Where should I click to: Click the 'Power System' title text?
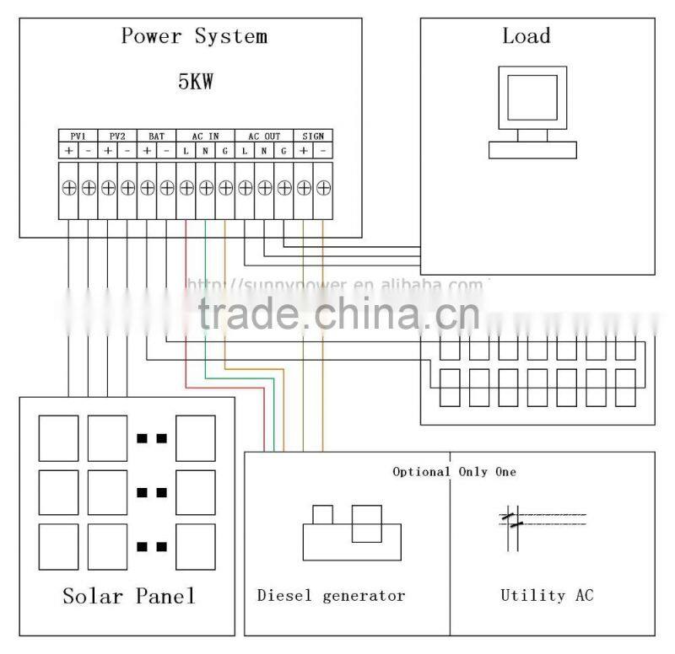click(194, 36)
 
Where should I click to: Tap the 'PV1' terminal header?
click(78, 136)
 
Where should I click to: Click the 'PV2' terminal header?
click(117, 136)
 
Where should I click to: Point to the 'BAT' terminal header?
click(157, 136)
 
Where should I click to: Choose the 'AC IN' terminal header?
click(206, 136)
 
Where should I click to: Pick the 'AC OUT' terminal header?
click(264, 136)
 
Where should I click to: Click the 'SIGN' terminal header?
click(313, 136)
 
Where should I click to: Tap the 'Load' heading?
click(526, 36)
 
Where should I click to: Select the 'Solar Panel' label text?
click(128, 597)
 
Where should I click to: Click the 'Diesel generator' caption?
click(331, 596)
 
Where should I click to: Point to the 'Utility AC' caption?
click(547, 596)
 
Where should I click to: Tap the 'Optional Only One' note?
click(454, 472)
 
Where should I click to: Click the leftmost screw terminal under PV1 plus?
click(68, 188)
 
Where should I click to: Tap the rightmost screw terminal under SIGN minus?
click(322, 188)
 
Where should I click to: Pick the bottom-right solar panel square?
click(196, 546)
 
